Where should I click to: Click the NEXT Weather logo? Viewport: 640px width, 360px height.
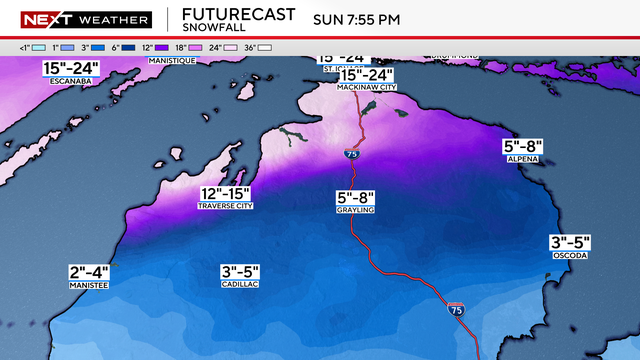click(x=85, y=19)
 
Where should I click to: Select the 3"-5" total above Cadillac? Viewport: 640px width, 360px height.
click(x=241, y=271)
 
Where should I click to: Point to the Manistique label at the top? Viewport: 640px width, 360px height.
click(x=170, y=61)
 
